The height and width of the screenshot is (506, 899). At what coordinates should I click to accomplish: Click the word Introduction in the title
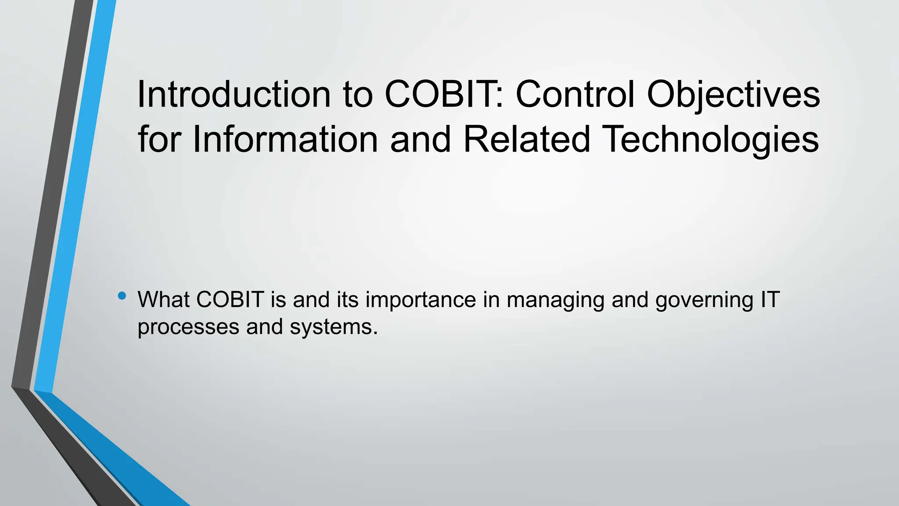[234, 94]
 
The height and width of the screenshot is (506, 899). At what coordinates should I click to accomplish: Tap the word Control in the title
[575, 94]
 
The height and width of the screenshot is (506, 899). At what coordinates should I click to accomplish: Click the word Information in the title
[285, 139]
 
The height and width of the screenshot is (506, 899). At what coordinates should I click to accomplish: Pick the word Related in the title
[526, 139]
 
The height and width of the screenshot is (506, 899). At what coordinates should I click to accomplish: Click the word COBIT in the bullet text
[230, 300]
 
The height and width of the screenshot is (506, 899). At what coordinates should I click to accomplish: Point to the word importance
[421, 300]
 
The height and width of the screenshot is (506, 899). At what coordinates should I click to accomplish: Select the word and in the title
[420, 139]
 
